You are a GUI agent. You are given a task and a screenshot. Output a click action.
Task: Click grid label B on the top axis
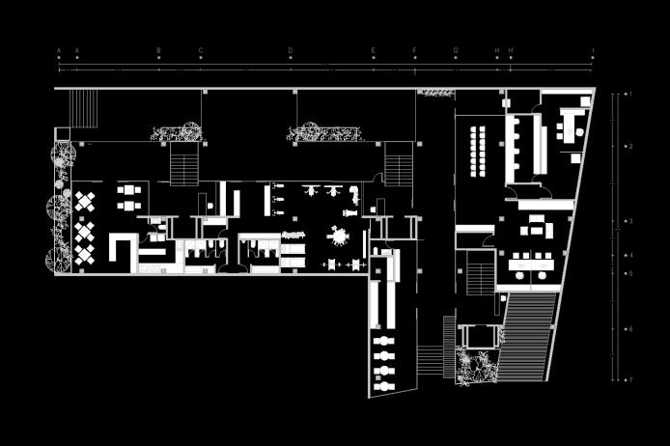pyautogui.click(x=159, y=50)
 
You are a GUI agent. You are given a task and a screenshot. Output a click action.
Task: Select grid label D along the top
pyautogui.click(x=290, y=50)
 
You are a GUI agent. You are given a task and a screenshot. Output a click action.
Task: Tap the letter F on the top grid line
pyautogui.click(x=415, y=50)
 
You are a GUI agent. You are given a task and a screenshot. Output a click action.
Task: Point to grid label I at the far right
pyautogui.click(x=593, y=50)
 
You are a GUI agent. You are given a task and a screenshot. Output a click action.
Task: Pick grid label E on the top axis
pyautogui.click(x=374, y=50)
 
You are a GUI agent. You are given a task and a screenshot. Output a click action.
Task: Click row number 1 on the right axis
pyautogui.click(x=629, y=95)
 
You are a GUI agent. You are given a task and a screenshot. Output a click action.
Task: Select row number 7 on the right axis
pyautogui.click(x=629, y=379)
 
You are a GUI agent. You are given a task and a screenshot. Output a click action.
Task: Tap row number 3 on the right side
pyautogui.click(x=629, y=221)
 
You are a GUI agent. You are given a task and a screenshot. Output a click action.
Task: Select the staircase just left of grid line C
pyautogui.click(x=183, y=163)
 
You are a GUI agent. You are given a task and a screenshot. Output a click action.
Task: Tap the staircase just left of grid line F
pyautogui.click(x=398, y=163)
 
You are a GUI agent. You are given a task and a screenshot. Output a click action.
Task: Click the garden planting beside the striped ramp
pyautogui.click(x=477, y=369)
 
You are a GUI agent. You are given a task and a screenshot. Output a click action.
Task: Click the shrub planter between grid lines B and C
pyautogui.click(x=177, y=131)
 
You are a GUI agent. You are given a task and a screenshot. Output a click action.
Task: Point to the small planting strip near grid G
pyautogui.click(x=437, y=93)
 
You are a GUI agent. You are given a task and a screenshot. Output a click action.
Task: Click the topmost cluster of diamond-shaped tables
pyautogui.click(x=85, y=203)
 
